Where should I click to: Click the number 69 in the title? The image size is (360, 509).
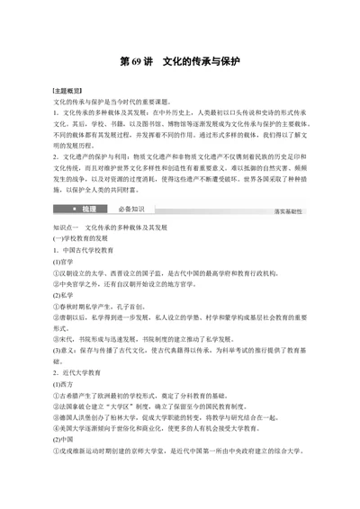point(131,64)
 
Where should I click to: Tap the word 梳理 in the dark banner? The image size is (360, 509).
point(88,209)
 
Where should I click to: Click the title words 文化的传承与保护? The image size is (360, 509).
point(204,64)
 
